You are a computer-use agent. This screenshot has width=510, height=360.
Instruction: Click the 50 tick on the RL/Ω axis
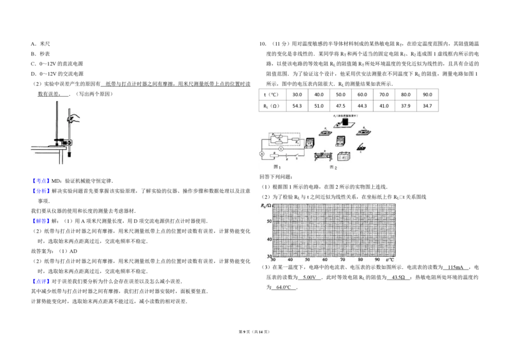coord(269,221)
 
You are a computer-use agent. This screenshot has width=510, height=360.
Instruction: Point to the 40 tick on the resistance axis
coord(269,239)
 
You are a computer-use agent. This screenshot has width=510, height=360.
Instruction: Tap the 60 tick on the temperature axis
coord(325,261)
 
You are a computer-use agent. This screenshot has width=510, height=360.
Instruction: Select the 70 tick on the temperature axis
coord(343,261)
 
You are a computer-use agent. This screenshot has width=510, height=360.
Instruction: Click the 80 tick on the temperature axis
coord(360,261)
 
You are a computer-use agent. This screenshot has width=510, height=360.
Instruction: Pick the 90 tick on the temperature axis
coord(378,261)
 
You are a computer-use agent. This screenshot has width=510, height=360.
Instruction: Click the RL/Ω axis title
coord(265,206)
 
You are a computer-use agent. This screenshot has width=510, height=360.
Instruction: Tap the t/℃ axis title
coord(390,261)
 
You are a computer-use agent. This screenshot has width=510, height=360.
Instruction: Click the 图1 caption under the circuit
coord(277,166)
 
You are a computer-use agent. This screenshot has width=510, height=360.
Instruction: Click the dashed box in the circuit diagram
coord(285,140)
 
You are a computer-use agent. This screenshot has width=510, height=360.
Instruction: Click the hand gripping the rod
coord(75,118)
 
